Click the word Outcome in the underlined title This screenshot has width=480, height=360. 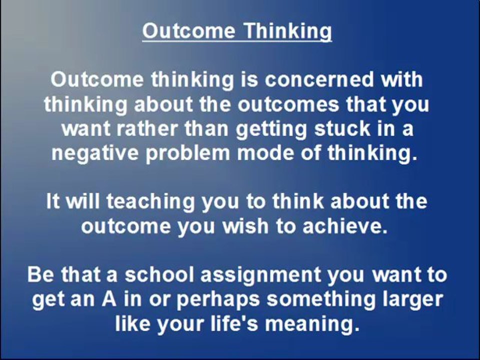188,30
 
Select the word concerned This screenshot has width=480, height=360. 319,79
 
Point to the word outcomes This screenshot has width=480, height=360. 288,104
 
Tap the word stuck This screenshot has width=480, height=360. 342,128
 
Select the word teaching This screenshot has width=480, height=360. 150,202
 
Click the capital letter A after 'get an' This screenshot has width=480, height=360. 109,299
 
